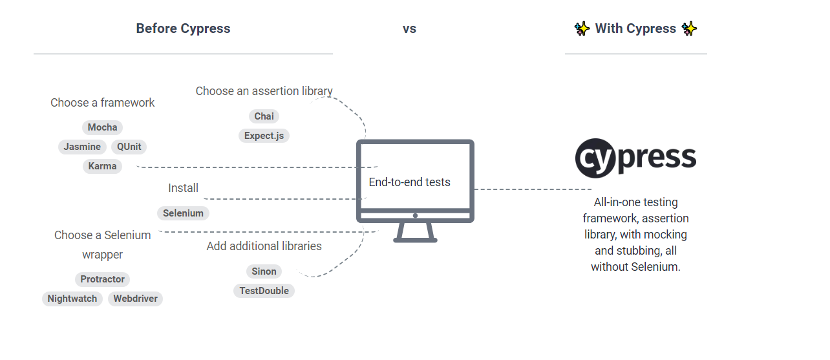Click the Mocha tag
(x=102, y=127)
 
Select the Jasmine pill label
(x=82, y=147)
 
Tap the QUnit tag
(x=129, y=147)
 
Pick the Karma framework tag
(x=102, y=166)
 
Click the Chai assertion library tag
(x=264, y=116)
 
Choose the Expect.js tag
(x=264, y=136)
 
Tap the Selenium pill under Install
(x=183, y=213)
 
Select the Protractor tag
(x=102, y=279)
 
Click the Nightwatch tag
(x=72, y=299)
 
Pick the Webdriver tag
(x=135, y=299)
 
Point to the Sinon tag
(x=264, y=271)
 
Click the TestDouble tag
(x=264, y=291)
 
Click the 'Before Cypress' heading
(x=183, y=28)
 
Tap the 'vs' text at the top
(x=409, y=29)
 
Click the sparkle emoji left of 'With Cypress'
(x=582, y=28)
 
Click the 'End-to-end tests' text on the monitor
(x=409, y=182)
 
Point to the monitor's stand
(x=416, y=232)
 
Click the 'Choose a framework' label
(x=102, y=103)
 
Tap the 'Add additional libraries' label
(x=264, y=246)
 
